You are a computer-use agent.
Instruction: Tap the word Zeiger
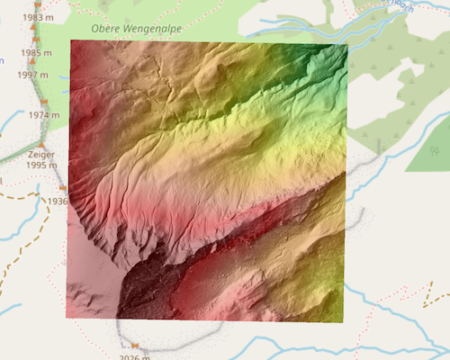40,154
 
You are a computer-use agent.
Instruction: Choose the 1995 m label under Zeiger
40,166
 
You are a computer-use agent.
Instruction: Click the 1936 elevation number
58,201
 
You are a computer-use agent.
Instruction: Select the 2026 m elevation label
134,356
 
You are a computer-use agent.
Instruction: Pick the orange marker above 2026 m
134,346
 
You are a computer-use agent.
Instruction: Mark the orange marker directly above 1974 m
43,103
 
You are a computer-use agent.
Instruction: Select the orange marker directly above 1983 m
36,6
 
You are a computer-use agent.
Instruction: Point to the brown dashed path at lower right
423,301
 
